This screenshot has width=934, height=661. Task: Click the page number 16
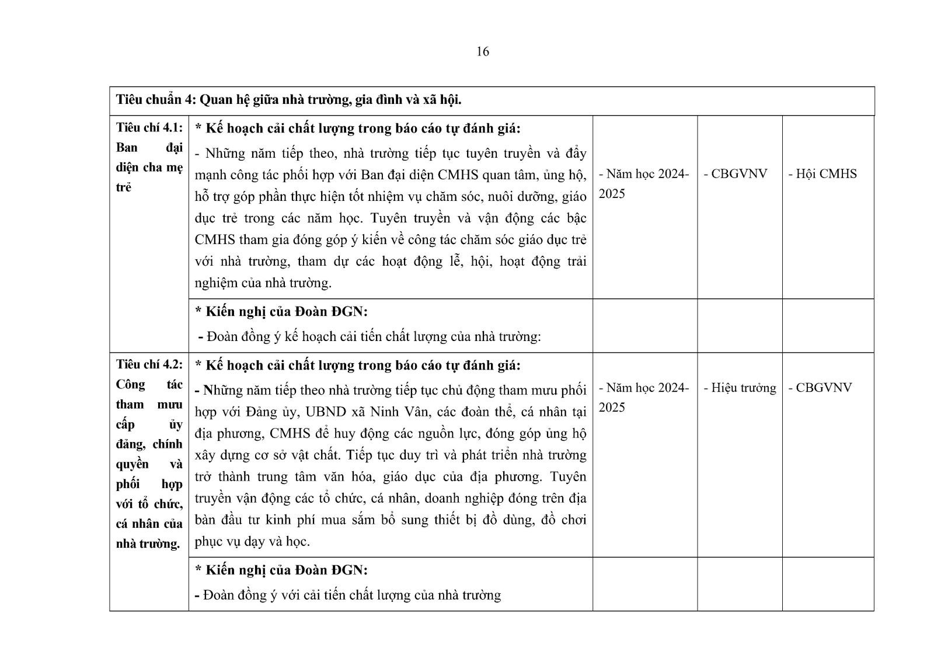tap(482, 52)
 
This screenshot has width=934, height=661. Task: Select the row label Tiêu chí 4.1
tap(149, 128)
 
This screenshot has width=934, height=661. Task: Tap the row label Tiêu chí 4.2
tap(149, 365)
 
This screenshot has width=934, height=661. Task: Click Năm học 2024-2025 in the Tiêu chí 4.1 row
tap(644, 183)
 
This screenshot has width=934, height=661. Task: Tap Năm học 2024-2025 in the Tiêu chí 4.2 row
tap(644, 397)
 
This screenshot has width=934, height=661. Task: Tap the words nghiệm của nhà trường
tap(263, 283)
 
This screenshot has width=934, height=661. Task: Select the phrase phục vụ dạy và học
tap(252, 542)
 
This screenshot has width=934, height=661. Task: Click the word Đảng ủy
tap(275, 412)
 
